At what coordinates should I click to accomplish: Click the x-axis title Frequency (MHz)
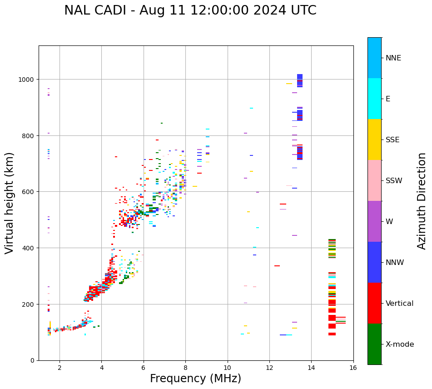coord(195,379)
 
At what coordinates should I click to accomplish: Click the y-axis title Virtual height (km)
coord(10,203)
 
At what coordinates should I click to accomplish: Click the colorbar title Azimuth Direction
coord(422,201)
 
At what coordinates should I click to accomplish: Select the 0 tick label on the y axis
coord(32,360)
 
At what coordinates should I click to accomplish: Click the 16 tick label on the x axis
coord(353,369)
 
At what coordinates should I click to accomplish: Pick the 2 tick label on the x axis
coord(60,369)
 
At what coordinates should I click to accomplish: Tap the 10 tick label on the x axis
coord(227,369)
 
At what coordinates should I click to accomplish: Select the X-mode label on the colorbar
coord(400,344)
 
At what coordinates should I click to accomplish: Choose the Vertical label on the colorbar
coord(400,304)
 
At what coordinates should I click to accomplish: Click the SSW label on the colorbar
coord(394,181)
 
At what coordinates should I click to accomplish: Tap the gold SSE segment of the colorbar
coord(374,140)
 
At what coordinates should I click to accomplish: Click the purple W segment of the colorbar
coord(374,221)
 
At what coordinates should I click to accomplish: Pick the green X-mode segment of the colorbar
coord(374,344)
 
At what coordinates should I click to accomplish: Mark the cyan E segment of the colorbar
coord(374,99)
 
